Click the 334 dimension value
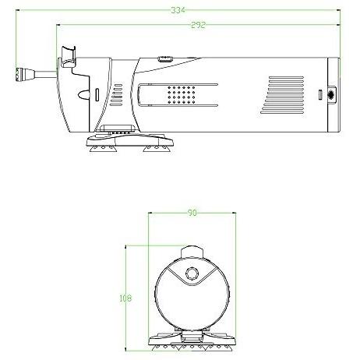[178, 10]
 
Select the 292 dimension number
[198, 25]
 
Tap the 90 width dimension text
[192, 213]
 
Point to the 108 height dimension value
[125, 298]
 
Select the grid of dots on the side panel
[182, 94]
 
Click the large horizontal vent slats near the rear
[282, 95]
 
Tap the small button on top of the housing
[165, 58]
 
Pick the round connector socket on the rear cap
[331, 94]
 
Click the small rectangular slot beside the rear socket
[320, 94]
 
